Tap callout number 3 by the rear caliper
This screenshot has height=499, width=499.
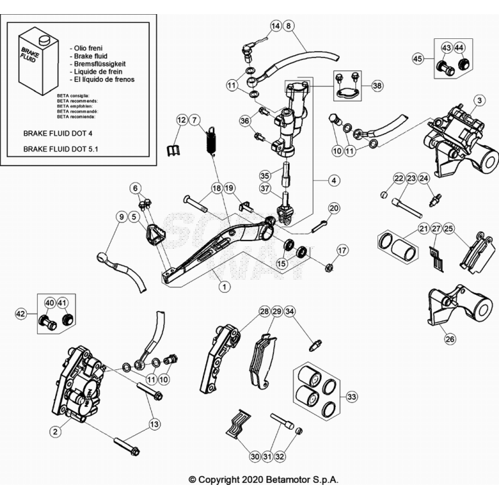click(x=479, y=101)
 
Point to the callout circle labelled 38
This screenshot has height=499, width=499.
click(x=334, y=180)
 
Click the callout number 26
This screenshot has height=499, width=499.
click(x=450, y=339)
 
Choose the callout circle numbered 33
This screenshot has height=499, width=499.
click(x=351, y=397)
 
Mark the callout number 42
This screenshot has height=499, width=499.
click(x=21, y=312)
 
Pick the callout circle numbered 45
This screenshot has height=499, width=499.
click(x=418, y=58)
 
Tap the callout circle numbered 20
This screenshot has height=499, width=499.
click(x=334, y=208)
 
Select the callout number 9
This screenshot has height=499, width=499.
click(x=121, y=216)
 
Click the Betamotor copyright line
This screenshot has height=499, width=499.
click(x=263, y=480)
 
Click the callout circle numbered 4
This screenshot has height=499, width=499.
click(x=334, y=180)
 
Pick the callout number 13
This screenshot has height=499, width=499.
click(x=155, y=424)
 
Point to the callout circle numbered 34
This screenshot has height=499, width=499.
click(x=289, y=312)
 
